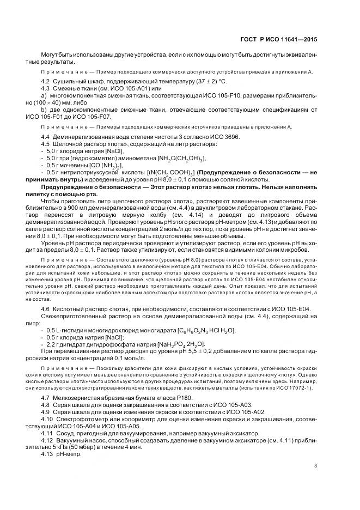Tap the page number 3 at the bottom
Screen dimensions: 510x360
click(x=315, y=465)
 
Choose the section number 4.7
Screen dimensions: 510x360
click(x=46, y=399)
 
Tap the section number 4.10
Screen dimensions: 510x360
click(x=47, y=420)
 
